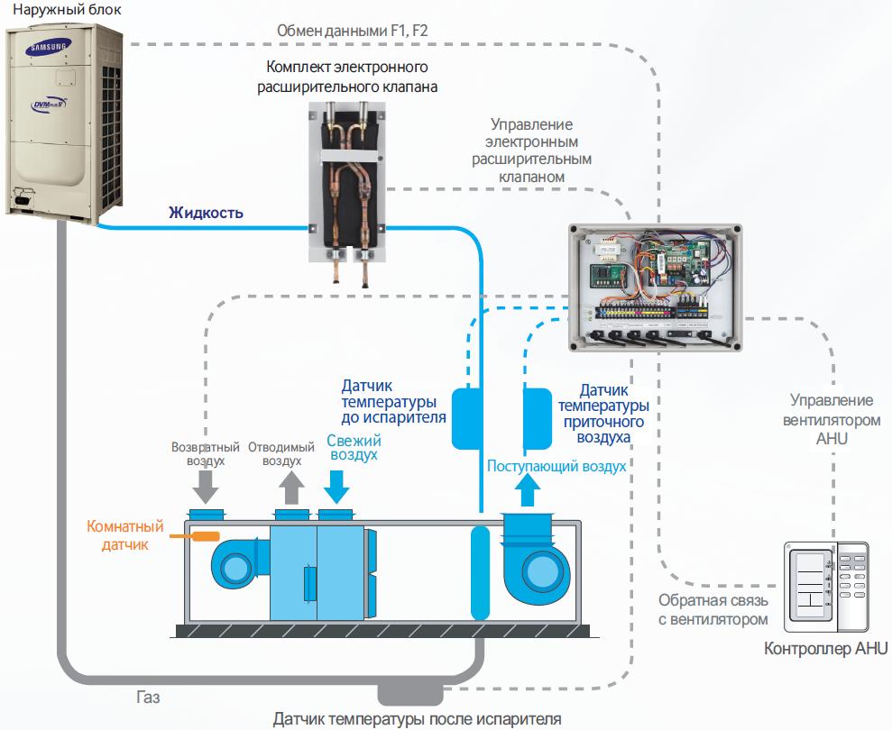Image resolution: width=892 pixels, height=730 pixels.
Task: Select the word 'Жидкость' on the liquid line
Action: (206, 214)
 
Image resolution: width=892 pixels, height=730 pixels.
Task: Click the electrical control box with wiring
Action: (656, 287)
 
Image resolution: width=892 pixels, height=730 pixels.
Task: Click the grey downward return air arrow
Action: (206, 486)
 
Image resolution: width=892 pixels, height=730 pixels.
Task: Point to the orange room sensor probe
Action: (206, 536)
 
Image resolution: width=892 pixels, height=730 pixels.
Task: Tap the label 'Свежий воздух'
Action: (353, 448)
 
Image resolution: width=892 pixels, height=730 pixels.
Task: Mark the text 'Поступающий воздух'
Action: (556, 466)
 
